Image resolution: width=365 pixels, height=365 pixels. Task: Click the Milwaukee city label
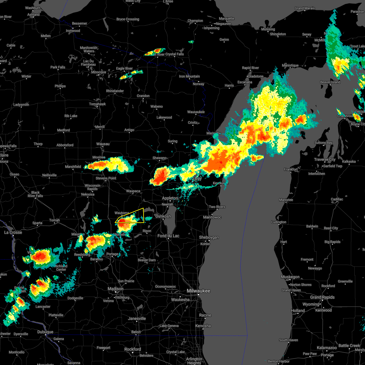coord(198,291)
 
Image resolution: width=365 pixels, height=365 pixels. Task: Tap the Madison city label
coord(116,289)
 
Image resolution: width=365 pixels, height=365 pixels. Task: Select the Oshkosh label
coord(163,216)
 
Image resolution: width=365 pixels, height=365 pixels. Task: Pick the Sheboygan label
coord(209,237)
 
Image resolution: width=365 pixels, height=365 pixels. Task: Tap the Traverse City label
coord(325,159)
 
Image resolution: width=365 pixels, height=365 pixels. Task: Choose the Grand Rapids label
coord(322,297)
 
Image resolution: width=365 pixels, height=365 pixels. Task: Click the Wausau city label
coord(103,144)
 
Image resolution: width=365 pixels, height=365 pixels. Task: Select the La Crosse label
coord(13,232)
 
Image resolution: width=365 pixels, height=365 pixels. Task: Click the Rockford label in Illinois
coord(133,349)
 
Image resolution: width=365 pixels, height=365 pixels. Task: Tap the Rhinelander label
coord(115,91)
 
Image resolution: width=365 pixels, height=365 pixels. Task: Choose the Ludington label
coord(279,222)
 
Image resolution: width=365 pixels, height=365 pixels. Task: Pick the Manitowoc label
coord(212,217)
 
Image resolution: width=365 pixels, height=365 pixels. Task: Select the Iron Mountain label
coord(189,76)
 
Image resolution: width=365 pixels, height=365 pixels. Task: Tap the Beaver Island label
coord(330,82)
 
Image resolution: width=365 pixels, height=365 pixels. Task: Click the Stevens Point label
coord(106,178)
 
